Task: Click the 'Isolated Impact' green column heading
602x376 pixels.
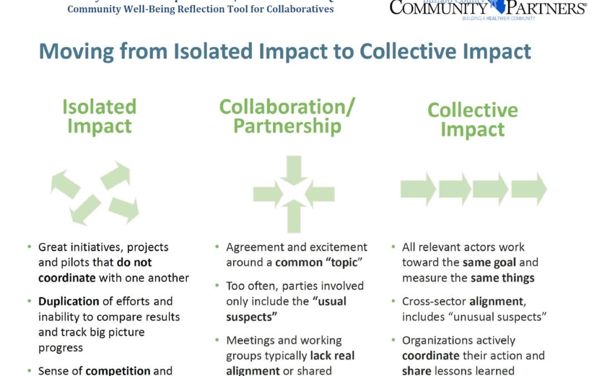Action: [x=99, y=116]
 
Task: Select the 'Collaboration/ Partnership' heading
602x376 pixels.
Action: [x=287, y=116]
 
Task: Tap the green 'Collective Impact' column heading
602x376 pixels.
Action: [x=473, y=119]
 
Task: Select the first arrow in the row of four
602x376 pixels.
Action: [x=418, y=189]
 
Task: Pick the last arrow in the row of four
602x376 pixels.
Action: [x=529, y=189]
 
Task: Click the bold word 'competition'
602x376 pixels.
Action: [x=118, y=370]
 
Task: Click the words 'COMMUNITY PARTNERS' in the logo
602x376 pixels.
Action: [x=488, y=8]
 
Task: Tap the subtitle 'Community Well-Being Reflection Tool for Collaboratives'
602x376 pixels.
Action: [x=201, y=9]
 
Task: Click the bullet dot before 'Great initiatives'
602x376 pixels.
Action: [x=29, y=247]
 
